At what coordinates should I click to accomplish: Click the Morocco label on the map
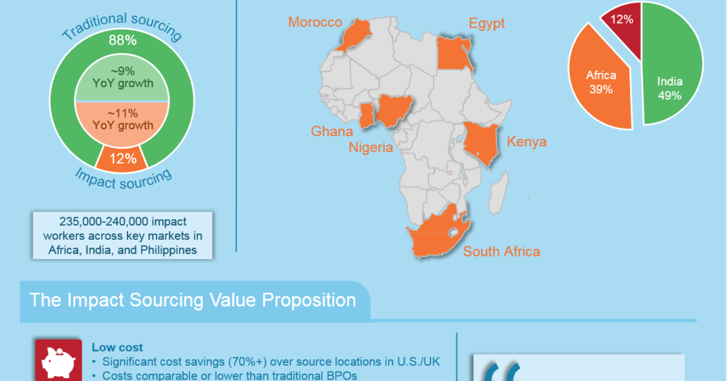coord(315,22)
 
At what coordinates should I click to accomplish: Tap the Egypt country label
coord(486,24)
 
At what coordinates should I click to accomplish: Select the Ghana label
coord(332,132)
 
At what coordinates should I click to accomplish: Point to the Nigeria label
coord(370,148)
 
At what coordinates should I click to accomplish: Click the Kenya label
coord(526,142)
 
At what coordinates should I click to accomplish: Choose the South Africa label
coord(501,252)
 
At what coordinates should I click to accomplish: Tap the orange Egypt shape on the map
coord(455,54)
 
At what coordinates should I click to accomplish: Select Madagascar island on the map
coord(498,192)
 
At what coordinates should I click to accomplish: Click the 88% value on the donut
coord(122,41)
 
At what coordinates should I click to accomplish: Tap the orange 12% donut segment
coord(122,159)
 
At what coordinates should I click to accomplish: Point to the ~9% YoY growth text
coord(122,77)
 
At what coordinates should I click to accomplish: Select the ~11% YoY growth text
coord(122,119)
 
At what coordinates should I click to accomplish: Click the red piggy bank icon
coord(59,361)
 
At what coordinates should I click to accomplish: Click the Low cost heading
coord(117,347)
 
